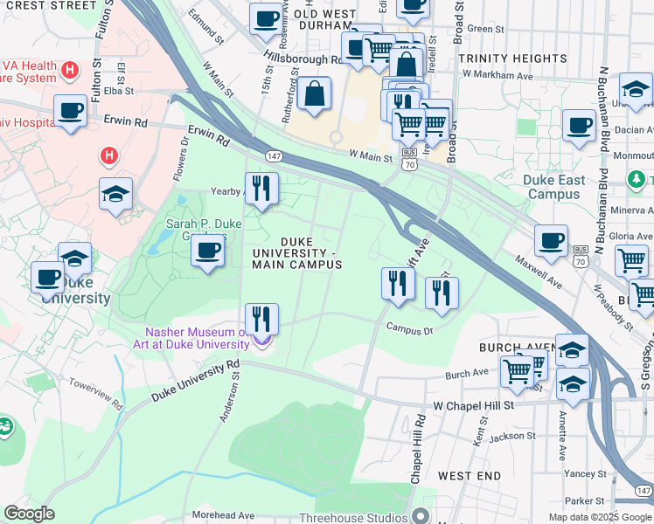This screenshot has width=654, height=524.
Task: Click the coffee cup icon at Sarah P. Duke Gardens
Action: coord(207,252)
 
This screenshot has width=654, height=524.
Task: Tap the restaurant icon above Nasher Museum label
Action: coord(261,319)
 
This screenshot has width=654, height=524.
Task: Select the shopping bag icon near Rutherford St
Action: coord(314,93)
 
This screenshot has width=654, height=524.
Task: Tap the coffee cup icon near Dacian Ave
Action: coord(579,126)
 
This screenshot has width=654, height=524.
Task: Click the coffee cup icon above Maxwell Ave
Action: coord(551,241)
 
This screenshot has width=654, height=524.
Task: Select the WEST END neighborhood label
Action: coord(470,476)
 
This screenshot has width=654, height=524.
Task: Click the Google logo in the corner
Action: coord(29,514)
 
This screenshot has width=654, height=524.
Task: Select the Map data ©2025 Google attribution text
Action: coord(599,517)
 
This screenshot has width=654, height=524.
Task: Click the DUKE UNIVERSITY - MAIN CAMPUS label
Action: coord(296,253)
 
